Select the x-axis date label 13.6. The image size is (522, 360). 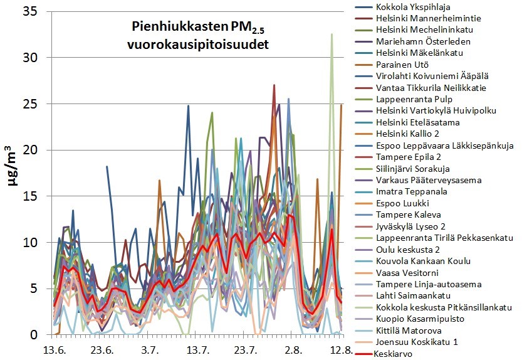point(54,349)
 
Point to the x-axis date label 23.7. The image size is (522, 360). point(245,349)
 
